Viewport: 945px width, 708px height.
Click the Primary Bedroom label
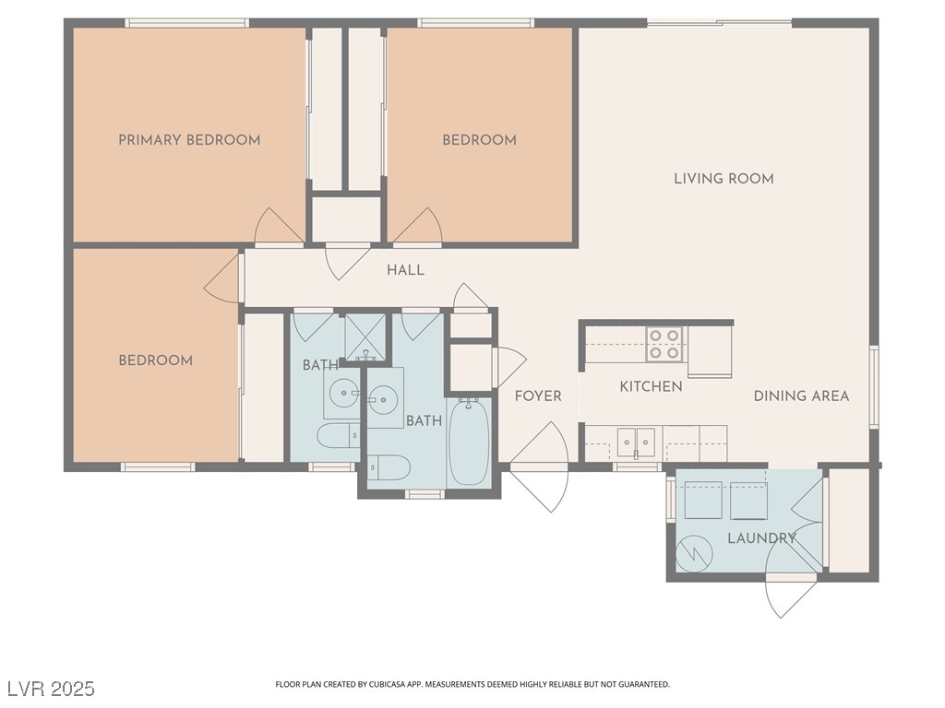tap(189, 140)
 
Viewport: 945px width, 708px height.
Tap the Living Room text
tap(724, 178)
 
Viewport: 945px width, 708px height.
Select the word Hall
tap(406, 270)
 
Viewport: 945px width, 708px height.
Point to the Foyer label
tap(538, 395)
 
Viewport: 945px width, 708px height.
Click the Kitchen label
tap(651, 386)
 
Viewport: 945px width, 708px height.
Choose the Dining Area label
tap(802, 395)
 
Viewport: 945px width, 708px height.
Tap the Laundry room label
tap(761, 537)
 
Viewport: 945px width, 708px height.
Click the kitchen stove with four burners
tap(664, 344)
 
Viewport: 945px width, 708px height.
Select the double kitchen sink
tap(637, 443)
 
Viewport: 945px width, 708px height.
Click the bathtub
tap(470, 442)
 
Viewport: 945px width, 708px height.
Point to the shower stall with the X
tap(365, 337)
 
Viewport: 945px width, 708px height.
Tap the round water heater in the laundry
tap(694, 553)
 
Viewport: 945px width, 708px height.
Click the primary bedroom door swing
tap(279, 227)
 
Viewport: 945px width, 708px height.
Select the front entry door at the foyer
tap(539, 467)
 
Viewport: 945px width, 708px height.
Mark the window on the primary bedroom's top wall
tap(186, 23)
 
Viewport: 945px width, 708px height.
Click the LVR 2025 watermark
tap(51, 688)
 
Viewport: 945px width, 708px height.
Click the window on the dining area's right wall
tap(874, 387)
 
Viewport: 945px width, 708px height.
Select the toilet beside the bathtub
tap(389, 466)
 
